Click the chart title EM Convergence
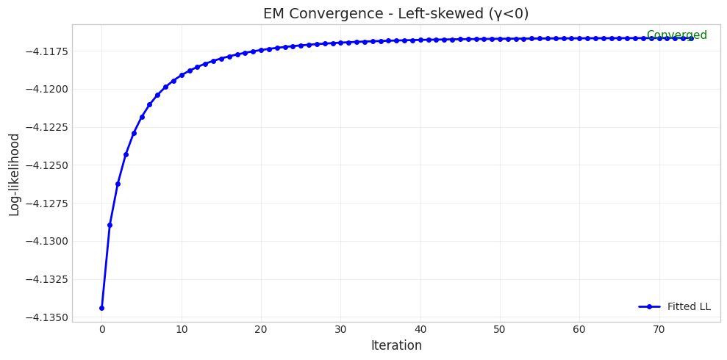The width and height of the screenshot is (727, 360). [395, 14]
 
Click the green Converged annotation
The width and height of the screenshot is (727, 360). [676, 35]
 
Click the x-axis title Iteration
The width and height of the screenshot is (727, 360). [396, 345]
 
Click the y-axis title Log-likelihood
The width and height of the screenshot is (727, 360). [15, 174]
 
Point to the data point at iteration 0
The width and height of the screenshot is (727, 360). [101, 308]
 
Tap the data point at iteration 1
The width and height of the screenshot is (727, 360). [110, 225]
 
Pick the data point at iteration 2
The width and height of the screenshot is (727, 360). [118, 184]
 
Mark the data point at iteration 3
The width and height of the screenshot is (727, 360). [126, 154]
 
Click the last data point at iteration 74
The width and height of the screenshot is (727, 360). [691, 38]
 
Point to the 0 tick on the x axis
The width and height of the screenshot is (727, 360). [101, 330]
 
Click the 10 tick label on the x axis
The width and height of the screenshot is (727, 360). [181, 330]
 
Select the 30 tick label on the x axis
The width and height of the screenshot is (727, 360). [340, 330]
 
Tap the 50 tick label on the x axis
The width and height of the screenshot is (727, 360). [500, 330]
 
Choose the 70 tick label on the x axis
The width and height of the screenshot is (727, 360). [659, 330]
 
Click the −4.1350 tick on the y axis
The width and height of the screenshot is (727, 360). [46, 317]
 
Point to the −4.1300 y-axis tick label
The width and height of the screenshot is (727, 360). [46, 241]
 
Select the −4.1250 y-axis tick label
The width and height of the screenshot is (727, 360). [46, 165]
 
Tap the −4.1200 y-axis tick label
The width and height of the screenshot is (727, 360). [46, 89]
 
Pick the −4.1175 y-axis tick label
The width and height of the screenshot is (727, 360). [46, 51]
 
